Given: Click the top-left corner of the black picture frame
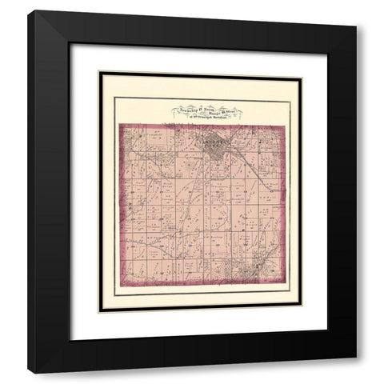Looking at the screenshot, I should coord(27,11).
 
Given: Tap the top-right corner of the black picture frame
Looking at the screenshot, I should coord(357,11).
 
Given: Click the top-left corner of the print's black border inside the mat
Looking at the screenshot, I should coord(99,72).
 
